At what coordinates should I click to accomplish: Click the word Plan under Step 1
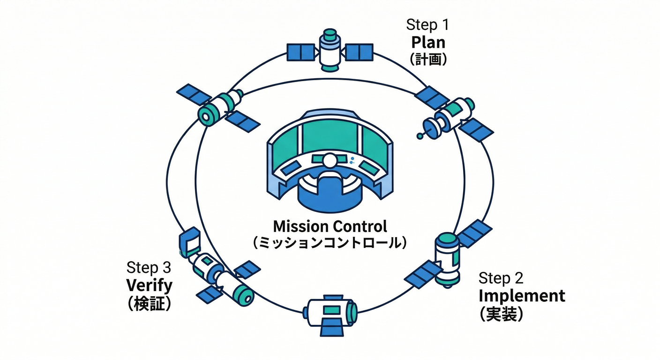428,43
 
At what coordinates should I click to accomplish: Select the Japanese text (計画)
428,60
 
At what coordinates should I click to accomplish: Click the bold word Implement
522,296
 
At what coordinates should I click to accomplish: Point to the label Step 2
501,278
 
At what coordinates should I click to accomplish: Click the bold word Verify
149,285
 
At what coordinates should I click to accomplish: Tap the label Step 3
149,268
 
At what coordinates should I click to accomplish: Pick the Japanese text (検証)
149,303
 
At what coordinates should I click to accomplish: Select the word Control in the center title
360,226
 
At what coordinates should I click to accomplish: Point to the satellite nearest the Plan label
450,115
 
